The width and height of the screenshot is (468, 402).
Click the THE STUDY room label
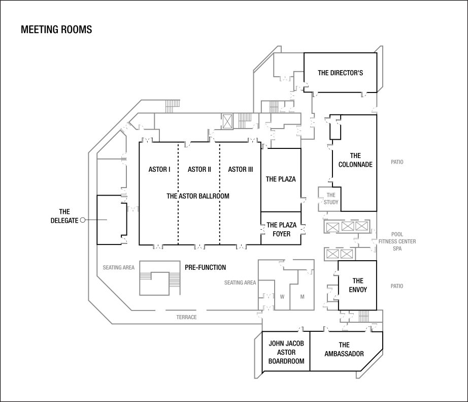331,199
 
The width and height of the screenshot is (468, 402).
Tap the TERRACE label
186,317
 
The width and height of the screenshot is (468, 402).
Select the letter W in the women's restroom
282,297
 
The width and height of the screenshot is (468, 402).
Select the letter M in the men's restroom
302,297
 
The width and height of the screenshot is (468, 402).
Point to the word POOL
397,235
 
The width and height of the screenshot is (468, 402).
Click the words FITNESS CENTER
397,241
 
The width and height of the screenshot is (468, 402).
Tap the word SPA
397,249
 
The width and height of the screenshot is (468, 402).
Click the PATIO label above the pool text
397,162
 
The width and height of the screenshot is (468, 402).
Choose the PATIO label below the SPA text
397,286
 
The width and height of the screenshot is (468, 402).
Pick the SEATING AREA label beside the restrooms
240,283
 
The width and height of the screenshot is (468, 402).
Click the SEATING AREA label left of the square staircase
119,267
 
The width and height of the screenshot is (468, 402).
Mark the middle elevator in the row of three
347,226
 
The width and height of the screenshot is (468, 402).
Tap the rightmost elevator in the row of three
361,226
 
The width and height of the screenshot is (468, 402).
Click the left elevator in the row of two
332,254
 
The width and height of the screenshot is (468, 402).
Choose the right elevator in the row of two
347,254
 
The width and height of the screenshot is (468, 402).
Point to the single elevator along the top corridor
227,121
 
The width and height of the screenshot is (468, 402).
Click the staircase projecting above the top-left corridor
173,106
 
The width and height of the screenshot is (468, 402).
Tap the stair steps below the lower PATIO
364,317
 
